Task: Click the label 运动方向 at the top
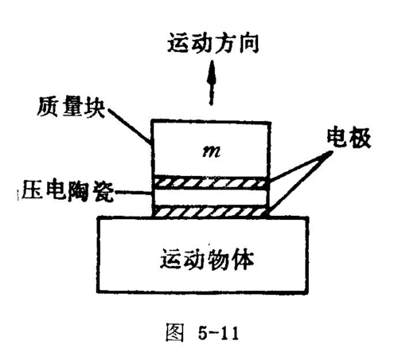pyautogui.click(x=213, y=43)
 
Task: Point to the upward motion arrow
pyautogui.click(x=212, y=83)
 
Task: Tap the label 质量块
pyautogui.click(x=71, y=107)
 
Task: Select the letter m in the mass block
pyautogui.click(x=211, y=152)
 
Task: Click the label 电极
pyautogui.click(x=349, y=138)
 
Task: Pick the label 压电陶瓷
pyautogui.click(x=68, y=190)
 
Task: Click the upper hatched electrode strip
pyautogui.click(x=211, y=183)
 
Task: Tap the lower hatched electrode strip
pyautogui.click(x=211, y=212)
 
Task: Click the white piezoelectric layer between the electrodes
pyautogui.click(x=211, y=198)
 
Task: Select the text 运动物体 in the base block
pyautogui.click(x=207, y=260)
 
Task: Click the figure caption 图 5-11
pyautogui.click(x=202, y=332)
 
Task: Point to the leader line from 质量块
pyautogui.click(x=128, y=126)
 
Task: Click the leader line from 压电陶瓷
pyautogui.click(x=133, y=193)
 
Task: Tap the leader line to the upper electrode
pyautogui.click(x=300, y=166)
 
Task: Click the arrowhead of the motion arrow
pyautogui.click(x=212, y=71)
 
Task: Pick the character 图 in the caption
pyautogui.click(x=174, y=332)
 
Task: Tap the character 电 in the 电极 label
pyautogui.click(x=337, y=138)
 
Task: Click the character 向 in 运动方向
pyautogui.click(x=249, y=43)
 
